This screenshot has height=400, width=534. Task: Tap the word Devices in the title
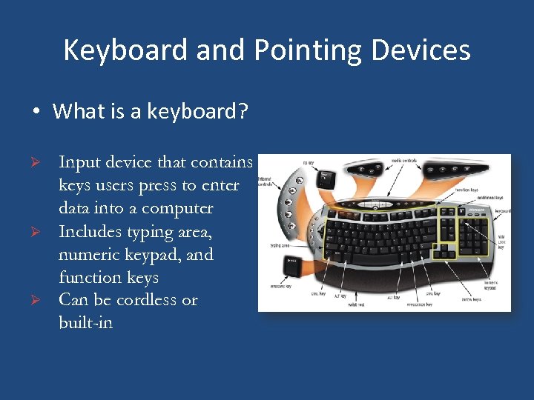tap(422, 50)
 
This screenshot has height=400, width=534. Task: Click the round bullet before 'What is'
tap(35, 113)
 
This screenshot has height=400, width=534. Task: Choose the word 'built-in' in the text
tap(85, 323)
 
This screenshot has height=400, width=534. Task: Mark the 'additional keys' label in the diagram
tap(489, 198)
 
